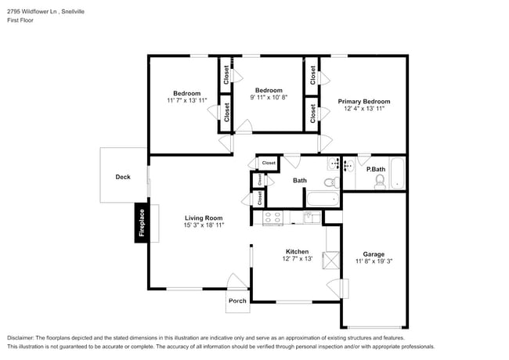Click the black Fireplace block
142,223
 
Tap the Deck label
123,177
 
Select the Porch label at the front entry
236,301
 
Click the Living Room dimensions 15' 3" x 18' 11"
204,225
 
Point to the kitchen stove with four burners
273,218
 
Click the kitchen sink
312,217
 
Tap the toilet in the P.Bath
380,182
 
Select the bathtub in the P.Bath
398,173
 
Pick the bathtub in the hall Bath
323,199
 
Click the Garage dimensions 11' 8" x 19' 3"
373,261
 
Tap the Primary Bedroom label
363,102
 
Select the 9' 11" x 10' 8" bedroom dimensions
269,98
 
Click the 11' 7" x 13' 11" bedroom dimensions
186,101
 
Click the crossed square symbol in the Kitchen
332,259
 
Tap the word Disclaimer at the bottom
24,337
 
